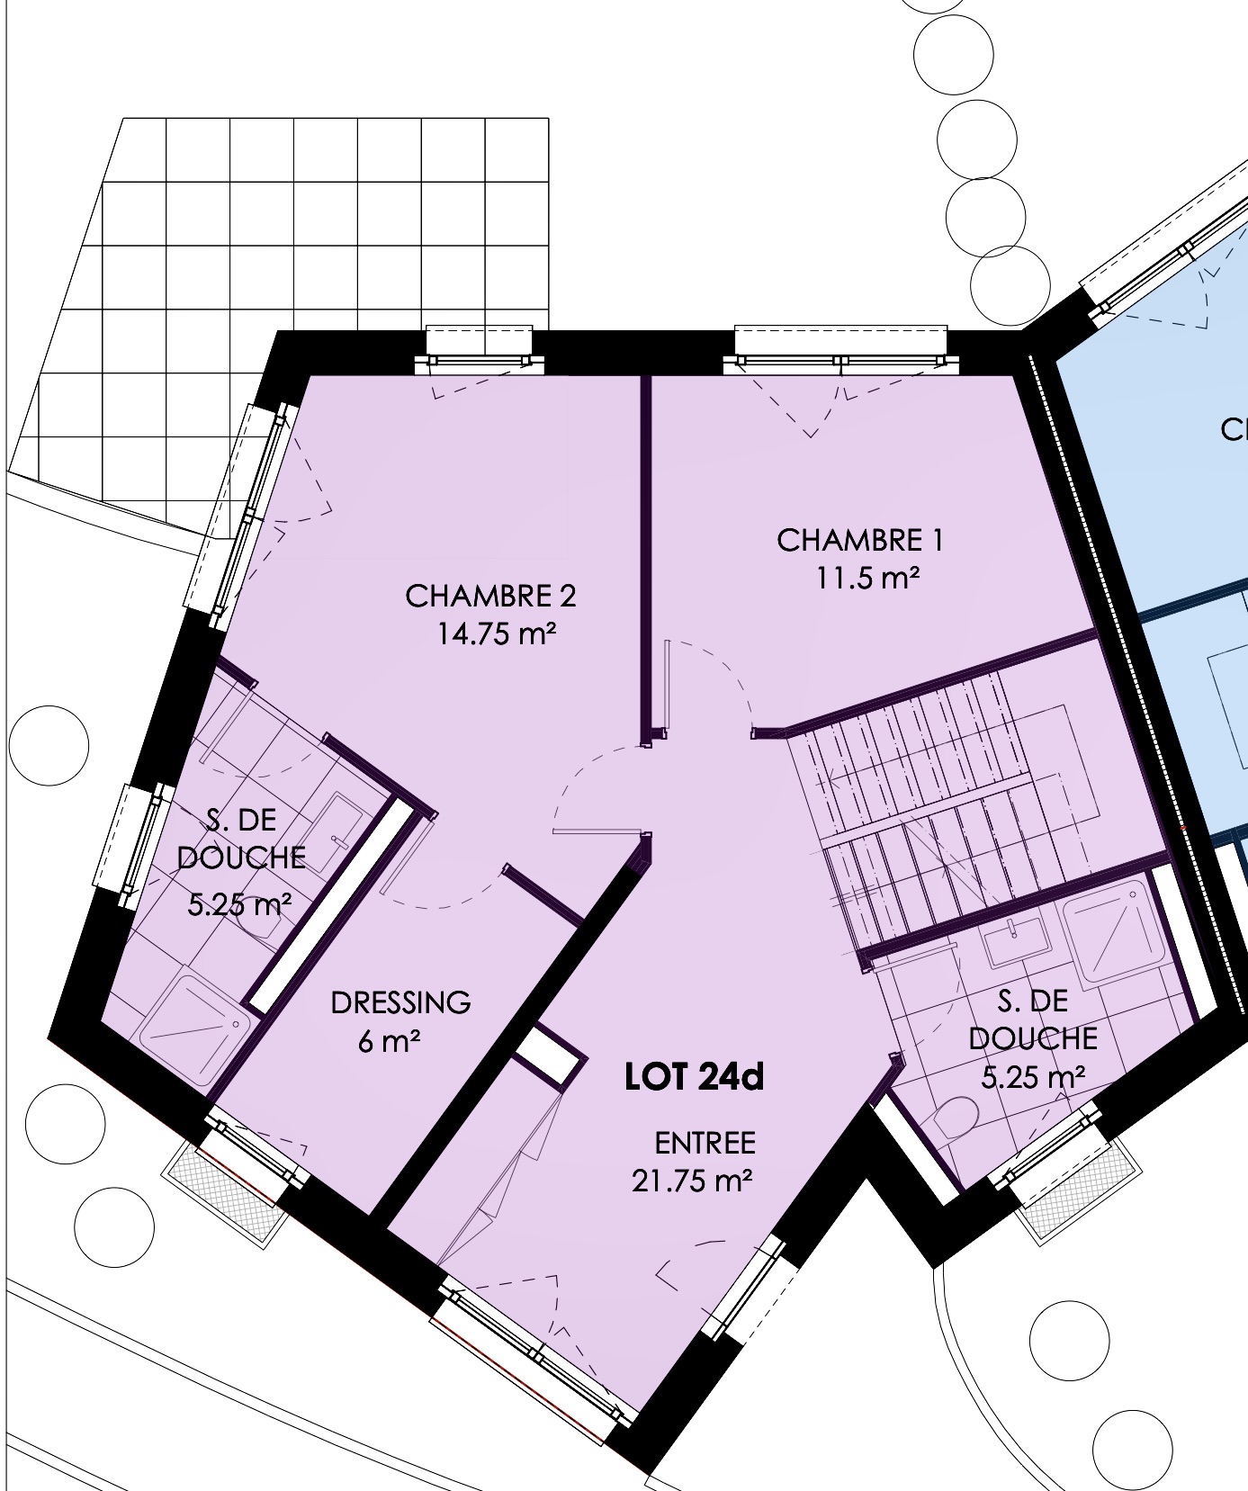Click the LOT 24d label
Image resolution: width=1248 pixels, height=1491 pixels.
click(694, 1077)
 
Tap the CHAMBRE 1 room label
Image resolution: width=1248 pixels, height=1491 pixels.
click(860, 541)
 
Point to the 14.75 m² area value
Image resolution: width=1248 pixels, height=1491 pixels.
click(497, 635)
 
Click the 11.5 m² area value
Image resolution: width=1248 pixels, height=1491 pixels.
click(867, 579)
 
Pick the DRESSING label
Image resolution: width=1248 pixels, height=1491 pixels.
click(400, 1002)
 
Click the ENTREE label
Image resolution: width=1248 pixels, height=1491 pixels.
click(705, 1143)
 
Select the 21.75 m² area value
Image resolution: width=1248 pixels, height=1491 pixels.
click(691, 1181)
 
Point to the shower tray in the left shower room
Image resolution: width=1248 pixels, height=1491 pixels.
click(194, 1020)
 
